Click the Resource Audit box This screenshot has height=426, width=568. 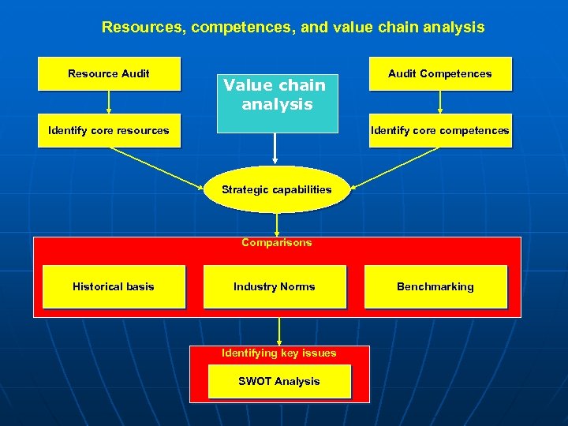click(109, 74)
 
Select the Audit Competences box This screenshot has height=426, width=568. click(439, 74)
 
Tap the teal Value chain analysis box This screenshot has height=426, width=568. click(275, 95)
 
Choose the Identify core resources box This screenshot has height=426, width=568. click(109, 131)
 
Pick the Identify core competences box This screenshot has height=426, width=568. click(439, 131)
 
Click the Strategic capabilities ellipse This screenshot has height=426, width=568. click(276, 189)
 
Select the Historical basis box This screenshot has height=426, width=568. click(114, 287)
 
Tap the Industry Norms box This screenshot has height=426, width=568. click(275, 287)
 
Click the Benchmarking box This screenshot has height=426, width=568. click(435, 287)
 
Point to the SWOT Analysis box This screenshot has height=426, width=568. click(279, 382)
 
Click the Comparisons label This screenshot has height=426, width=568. click(276, 243)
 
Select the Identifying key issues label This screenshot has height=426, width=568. click(278, 353)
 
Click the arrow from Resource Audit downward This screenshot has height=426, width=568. click(109, 103)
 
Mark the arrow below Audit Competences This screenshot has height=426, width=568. click(439, 103)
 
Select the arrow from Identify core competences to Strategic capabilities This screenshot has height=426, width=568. click(394, 168)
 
